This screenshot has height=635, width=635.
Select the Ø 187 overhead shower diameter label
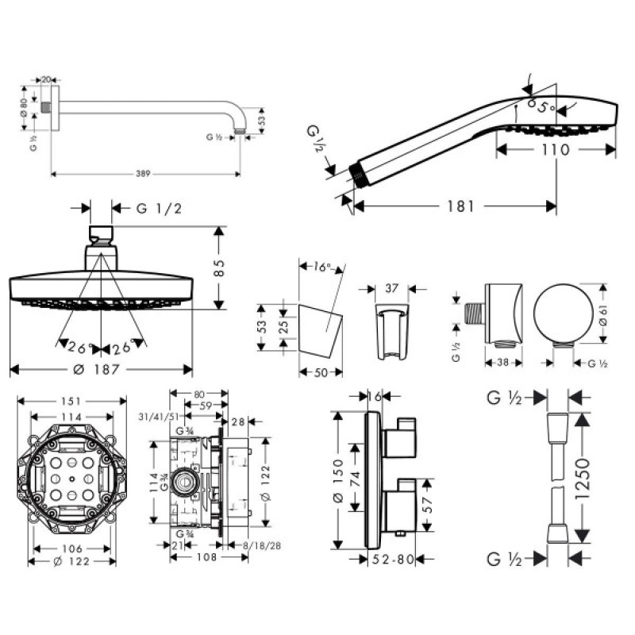click(101, 370)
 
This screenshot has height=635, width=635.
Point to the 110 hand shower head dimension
click(555, 148)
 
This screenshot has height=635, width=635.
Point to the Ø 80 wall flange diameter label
click(24, 106)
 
